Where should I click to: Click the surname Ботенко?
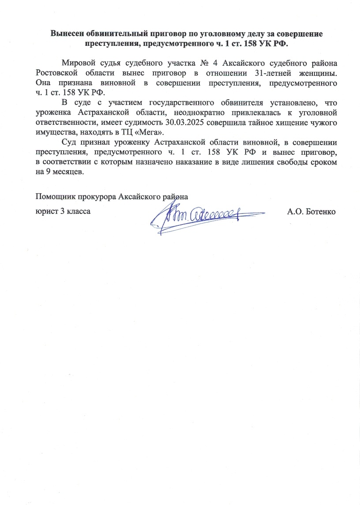tap(320, 211)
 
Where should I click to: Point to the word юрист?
tap(45, 211)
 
